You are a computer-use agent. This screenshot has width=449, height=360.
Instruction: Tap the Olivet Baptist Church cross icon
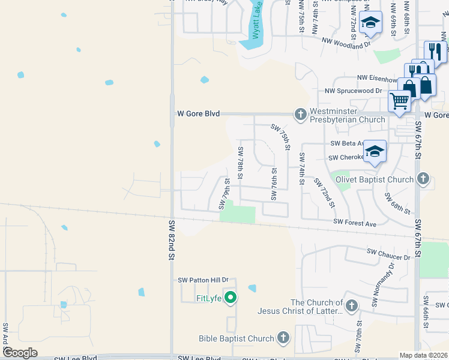coord(423,178)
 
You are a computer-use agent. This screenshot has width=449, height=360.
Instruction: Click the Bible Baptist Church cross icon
coord(283,338)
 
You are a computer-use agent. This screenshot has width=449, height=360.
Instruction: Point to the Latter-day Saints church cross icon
coord(351,306)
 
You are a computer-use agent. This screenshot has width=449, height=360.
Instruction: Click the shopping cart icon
coord(399,101)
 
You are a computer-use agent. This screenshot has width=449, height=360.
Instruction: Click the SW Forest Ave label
coord(355,224)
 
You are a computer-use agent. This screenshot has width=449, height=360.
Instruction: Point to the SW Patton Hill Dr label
coord(204,280)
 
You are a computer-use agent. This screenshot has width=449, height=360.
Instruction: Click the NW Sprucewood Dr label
coord(353,91)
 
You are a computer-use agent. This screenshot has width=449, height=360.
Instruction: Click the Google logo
coord(20,353)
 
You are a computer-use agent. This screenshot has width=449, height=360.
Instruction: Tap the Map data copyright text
coord(424,355)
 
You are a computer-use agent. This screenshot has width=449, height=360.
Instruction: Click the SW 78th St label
coord(240,163)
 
